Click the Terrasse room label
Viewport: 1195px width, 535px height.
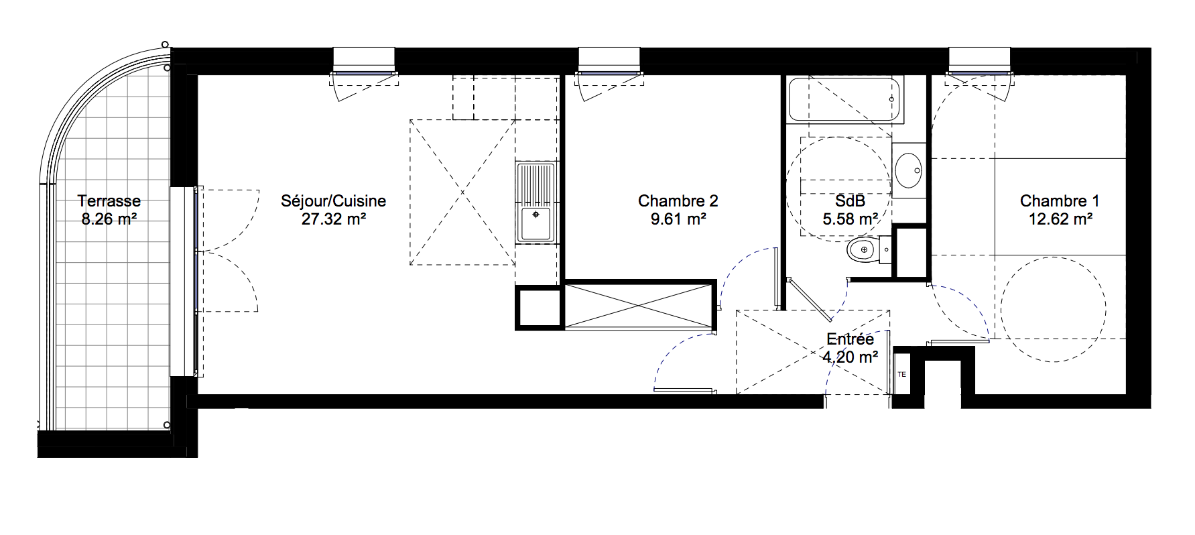point(109,201)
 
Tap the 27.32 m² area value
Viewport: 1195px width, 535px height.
point(333,219)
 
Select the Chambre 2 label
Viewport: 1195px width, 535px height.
point(678,201)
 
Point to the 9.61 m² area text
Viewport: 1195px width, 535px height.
point(678,219)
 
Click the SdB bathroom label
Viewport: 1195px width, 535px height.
point(851,201)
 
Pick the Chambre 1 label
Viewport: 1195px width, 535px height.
point(1060,201)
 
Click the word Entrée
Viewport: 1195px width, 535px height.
point(850,340)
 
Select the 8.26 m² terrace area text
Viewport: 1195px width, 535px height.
point(109,219)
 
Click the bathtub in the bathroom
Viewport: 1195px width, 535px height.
point(845,101)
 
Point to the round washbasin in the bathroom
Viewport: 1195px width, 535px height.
point(909,170)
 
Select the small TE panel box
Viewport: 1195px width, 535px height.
point(901,374)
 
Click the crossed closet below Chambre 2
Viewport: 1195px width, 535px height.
point(639,306)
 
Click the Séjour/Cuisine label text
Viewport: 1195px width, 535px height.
point(334,201)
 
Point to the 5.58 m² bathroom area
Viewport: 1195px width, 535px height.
point(851,219)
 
